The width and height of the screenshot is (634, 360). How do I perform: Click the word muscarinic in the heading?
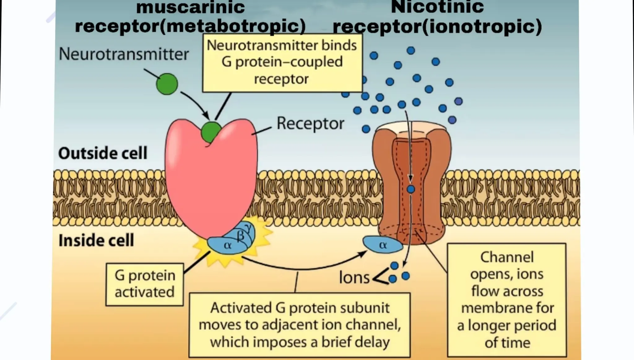point(190,7)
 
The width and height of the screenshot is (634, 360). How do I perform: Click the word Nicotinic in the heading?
point(437,7)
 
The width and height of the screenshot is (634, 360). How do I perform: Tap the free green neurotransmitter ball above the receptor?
point(167,84)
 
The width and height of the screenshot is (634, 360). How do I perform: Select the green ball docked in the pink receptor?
point(211,132)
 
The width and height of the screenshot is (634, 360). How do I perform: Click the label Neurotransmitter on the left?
point(124,54)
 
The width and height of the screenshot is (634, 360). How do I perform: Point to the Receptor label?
point(310,124)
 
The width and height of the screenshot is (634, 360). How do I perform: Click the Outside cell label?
point(102,153)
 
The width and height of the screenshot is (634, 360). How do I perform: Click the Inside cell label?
point(96,241)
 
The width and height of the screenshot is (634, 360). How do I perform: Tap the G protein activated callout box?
point(145,284)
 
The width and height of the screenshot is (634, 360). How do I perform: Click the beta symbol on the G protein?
point(240,236)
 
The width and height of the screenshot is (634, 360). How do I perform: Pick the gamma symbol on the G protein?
point(248,227)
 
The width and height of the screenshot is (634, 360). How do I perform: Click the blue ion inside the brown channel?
point(411,189)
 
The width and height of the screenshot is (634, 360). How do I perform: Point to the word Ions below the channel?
point(354,278)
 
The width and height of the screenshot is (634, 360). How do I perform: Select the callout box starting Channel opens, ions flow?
point(506,300)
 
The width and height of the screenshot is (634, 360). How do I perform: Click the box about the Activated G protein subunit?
point(299,325)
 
